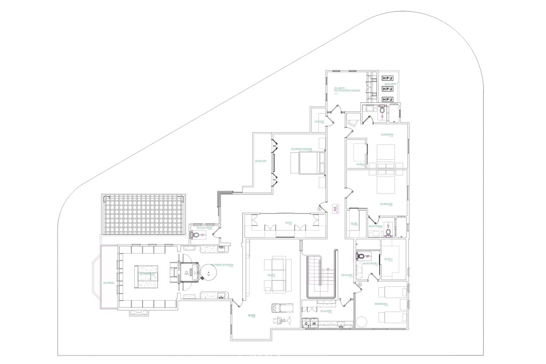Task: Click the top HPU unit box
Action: pyautogui.click(x=387, y=78)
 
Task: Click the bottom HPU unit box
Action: pyautogui.click(x=387, y=99)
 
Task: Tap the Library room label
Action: pyautogui.click(x=347, y=90)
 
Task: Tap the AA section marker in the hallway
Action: pyautogui.click(x=335, y=209)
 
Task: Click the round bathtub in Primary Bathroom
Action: pyautogui.click(x=209, y=274)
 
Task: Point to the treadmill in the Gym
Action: pyautogui.click(x=278, y=308)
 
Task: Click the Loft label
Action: pyautogui.click(x=271, y=275)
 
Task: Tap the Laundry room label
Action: pyautogui.click(x=327, y=311)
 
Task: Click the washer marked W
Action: pyautogui.click(x=315, y=323)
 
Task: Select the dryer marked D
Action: pyautogui.click(x=307, y=323)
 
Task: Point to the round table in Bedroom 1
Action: pyautogui.click(x=363, y=322)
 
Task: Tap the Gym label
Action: pyautogui.click(x=250, y=317)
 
